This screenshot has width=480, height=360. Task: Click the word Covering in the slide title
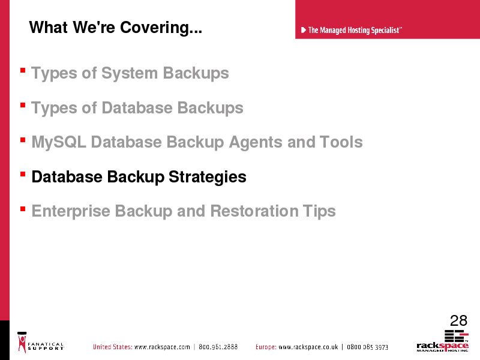pyautogui.click(x=161, y=28)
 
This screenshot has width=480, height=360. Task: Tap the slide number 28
pyautogui.click(x=458, y=321)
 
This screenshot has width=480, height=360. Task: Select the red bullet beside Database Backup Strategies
pyautogui.click(x=23, y=174)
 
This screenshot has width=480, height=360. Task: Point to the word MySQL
pyautogui.click(x=59, y=143)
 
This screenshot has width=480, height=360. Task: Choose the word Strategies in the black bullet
pyautogui.click(x=208, y=177)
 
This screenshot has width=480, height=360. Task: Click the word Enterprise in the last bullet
pyautogui.click(x=71, y=212)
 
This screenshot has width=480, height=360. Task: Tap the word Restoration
pyautogui.click(x=254, y=211)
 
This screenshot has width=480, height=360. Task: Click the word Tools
pyautogui.click(x=341, y=142)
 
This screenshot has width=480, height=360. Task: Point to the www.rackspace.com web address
pyautogui.click(x=162, y=347)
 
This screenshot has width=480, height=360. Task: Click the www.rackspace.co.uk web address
pyautogui.click(x=308, y=347)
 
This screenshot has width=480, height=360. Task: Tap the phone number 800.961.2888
pyautogui.click(x=218, y=347)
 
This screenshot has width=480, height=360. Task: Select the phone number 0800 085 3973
pyautogui.click(x=367, y=347)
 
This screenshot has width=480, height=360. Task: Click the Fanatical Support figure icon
pyautogui.click(x=22, y=342)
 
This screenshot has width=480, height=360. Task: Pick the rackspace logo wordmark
pyautogui.click(x=442, y=346)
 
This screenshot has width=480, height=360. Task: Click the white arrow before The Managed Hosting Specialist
pyautogui.click(x=304, y=30)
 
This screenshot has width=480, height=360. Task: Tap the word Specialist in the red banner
pyautogui.click(x=385, y=31)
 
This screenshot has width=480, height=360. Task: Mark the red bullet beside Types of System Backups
pyautogui.click(x=23, y=70)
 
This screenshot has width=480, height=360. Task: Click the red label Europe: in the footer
pyautogui.click(x=266, y=347)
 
